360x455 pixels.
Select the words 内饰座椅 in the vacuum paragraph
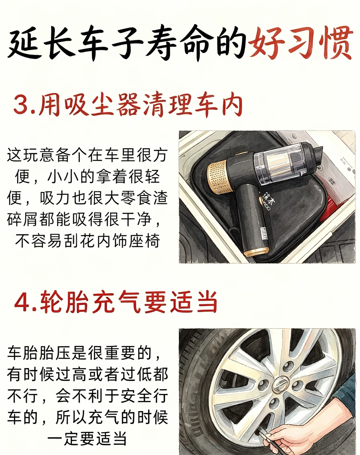click(127, 241)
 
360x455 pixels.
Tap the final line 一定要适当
click(87, 439)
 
